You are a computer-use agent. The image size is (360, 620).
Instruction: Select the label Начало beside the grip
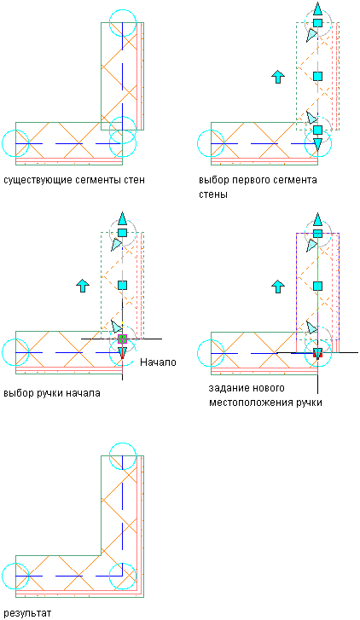pyautogui.click(x=158, y=362)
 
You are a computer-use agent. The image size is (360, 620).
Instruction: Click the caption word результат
pyautogui.click(x=27, y=614)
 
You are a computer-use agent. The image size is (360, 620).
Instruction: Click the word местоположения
pyautogui.click(x=252, y=403)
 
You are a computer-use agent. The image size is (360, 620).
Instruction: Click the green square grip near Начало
pyautogui.click(x=122, y=339)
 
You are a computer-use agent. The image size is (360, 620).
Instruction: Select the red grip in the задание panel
pyautogui.click(x=317, y=353)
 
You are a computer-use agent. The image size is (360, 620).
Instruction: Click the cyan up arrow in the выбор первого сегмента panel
pyautogui.click(x=278, y=77)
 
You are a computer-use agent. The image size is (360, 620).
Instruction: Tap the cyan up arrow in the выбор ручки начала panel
pyautogui.click(x=83, y=286)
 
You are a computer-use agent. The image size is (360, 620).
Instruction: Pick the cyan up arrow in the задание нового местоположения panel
pyautogui.click(x=278, y=286)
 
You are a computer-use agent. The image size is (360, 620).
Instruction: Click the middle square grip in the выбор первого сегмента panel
pyautogui.click(x=317, y=76)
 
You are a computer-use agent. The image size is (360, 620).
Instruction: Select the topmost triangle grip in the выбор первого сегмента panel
pyautogui.click(x=317, y=9)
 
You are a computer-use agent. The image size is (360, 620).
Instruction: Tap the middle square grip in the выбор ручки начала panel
pyautogui.click(x=122, y=285)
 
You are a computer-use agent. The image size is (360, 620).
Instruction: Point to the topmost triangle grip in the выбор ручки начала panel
pyautogui.click(x=122, y=218)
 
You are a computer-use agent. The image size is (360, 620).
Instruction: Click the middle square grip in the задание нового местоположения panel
pyautogui.click(x=317, y=286)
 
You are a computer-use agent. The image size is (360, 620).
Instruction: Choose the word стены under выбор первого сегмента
pyautogui.click(x=212, y=195)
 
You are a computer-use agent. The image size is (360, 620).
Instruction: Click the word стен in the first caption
pyautogui.click(x=133, y=180)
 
